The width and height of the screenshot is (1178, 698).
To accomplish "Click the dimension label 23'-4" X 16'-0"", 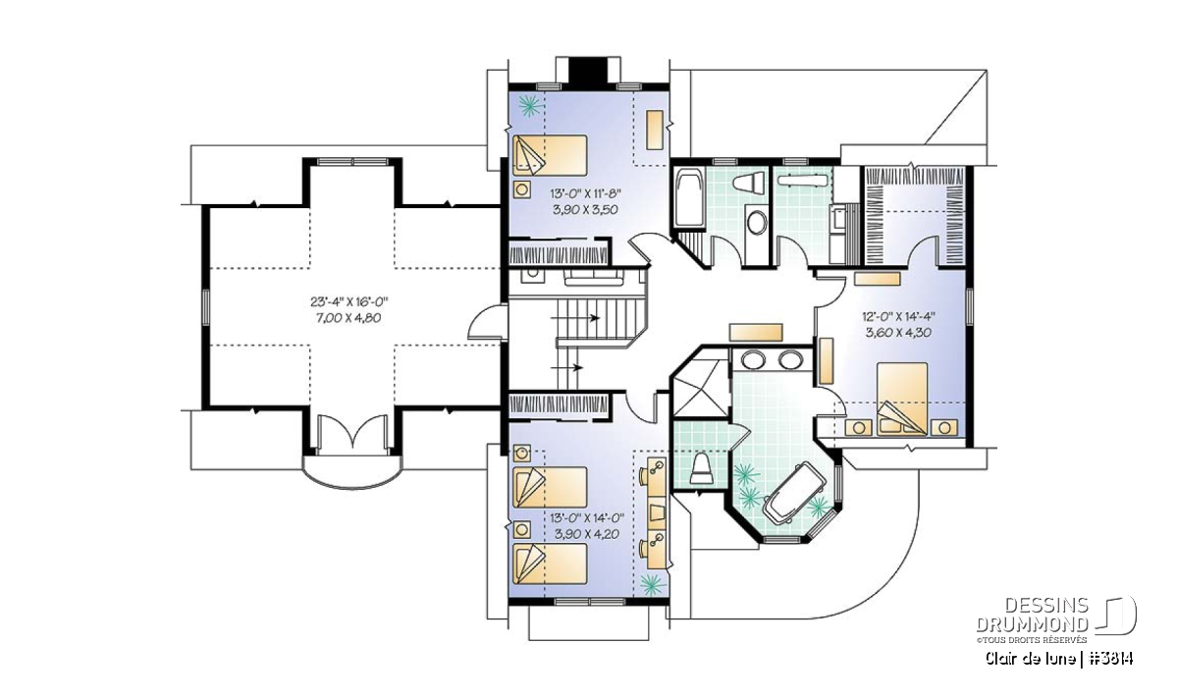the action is [x=348, y=302].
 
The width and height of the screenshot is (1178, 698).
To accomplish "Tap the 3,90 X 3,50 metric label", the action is [x=585, y=209].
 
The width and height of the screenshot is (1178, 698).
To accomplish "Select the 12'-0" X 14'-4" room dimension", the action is [x=899, y=317].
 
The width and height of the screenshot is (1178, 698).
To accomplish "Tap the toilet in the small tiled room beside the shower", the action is [x=701, y=468].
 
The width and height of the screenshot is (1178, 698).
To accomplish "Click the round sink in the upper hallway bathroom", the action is [x=757, y=223].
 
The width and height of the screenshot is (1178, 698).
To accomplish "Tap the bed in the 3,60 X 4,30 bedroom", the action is [x=902, y=400].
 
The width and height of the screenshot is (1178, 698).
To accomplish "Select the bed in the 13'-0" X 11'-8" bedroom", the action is [x=550, y=155].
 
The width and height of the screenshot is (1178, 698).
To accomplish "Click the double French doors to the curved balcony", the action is [x=352, y=436].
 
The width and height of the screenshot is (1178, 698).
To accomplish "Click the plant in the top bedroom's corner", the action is [x=530, y=106].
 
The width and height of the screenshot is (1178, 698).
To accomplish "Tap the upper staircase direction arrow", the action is [x=576, y=318].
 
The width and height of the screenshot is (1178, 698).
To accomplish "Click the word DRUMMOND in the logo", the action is [x=1033, y=624].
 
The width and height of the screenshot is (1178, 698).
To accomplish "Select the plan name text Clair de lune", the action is [x=1030, y=658].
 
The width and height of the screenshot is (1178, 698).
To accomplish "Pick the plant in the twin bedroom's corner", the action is [x=652, y=583].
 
